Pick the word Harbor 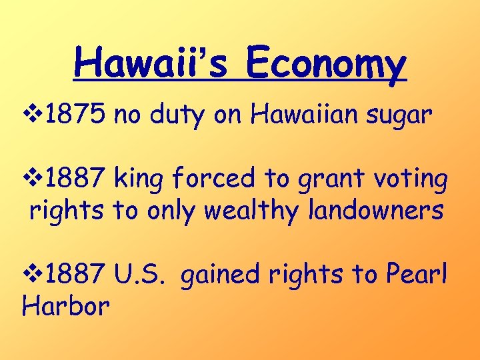pyautogui.click(x=66, y=307)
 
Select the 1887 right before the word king pyautogui.click(x=77, y=178)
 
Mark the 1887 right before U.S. pyautogui.click(x=77, y=274)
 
